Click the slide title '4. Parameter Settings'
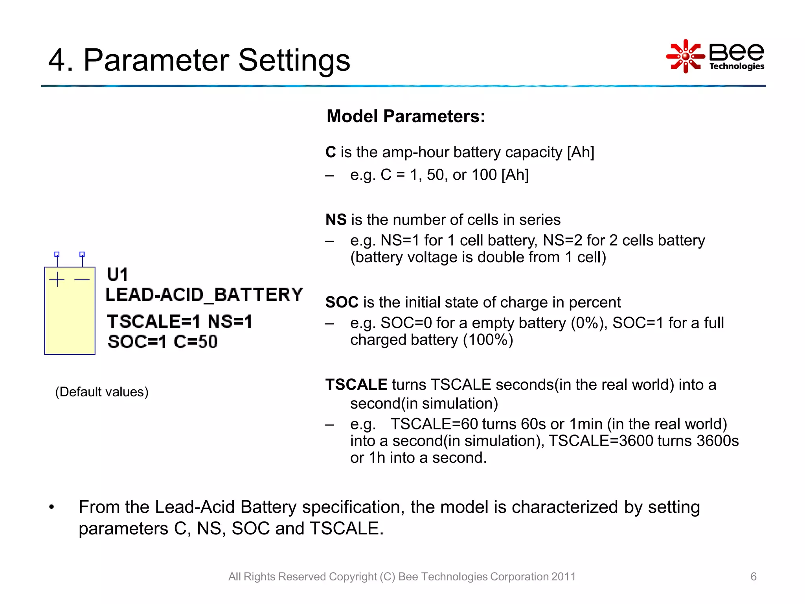(x=199, y=60)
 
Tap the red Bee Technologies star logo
(x=685, y=56)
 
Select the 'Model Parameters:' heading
(x=406, y=116)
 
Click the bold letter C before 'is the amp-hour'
(x=331, y=152)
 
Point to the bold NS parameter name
(x=336, y=220)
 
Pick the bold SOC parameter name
(x=342, y=302)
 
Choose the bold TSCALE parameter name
(x=356, y=385)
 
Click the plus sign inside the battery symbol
(x=57, y=279)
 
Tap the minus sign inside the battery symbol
(x=82, y=280)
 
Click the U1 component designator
(x=117, y=274)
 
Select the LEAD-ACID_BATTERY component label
(x=204, y=295)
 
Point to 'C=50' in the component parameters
(x=195, y=341)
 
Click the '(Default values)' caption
(x=102, y=392)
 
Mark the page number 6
(x=753, y=576)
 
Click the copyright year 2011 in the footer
(x=563, y=576)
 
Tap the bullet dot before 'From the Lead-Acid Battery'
(x=51, y=507)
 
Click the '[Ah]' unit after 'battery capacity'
(x=580, y=152)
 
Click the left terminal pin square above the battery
(x=57, y=254)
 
